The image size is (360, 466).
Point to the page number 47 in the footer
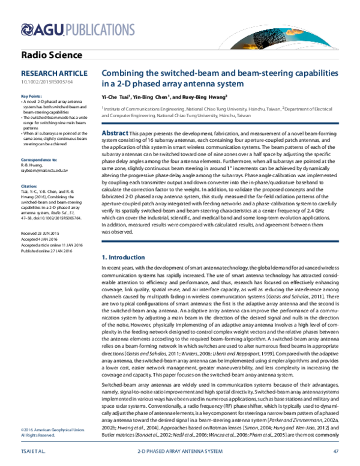(336, 451)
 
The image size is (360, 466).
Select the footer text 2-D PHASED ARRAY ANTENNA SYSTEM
(180, 451)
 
